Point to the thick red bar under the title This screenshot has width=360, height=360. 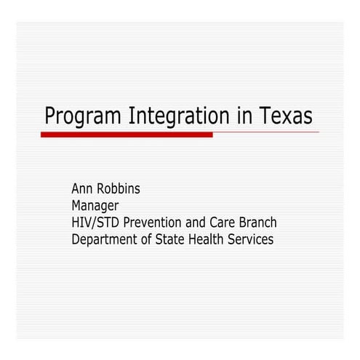(127, 135)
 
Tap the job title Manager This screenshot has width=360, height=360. (95, 206)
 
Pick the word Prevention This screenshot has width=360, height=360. (152, 223)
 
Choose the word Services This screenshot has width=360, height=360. (254, 239)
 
